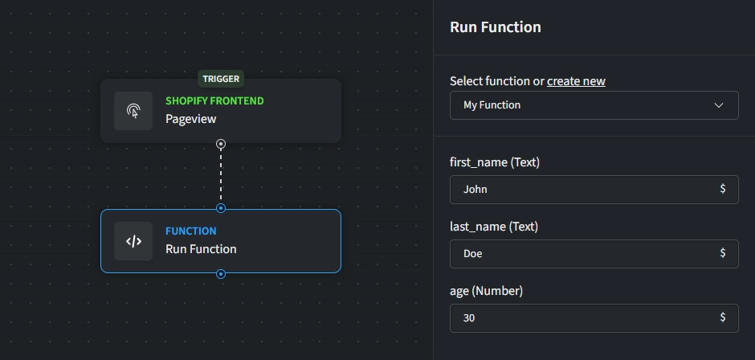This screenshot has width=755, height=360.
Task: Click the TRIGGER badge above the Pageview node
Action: [x=221, y=79]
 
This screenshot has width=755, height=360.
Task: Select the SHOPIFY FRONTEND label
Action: [x=214, y=101]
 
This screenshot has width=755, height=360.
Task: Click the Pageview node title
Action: [x=190, y=119]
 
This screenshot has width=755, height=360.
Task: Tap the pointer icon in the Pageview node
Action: [x=133, y=111]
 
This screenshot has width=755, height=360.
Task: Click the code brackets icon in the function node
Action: [x=133, y=241]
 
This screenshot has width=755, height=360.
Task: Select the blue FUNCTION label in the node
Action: [x=190, y=231]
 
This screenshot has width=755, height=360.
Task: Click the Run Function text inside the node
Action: [x=201, y=249]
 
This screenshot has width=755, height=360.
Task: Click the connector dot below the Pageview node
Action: [x=221, y=144]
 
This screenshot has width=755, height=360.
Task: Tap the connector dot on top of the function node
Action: [x=221, y=209]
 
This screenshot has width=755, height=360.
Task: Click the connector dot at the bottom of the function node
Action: [x=221, y=274]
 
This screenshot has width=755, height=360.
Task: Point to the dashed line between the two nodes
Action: [x=221, y=177]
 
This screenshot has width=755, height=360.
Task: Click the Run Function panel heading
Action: [x=496, y=27]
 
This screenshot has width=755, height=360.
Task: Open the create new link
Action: [x=576, y=81]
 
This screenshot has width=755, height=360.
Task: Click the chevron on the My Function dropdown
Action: [x=719, y=105]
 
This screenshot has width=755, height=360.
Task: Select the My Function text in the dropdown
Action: [x=492, y=105]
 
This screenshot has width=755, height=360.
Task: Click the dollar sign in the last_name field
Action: [x=723, y=253]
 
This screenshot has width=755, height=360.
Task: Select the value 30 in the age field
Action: [x=469, y=318]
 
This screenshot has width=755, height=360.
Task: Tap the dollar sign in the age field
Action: [x=723, y=317]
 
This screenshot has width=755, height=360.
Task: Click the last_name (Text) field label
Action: [x=494, y=227]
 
